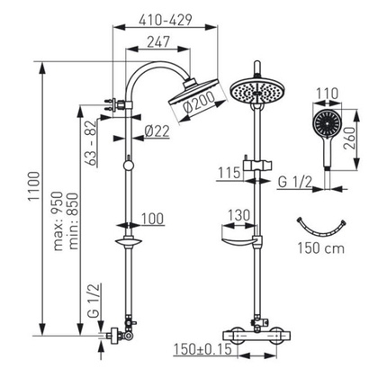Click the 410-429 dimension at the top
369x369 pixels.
click(166, 20)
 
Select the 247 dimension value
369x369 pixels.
click(158, 41)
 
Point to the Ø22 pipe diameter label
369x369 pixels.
click(157, 131)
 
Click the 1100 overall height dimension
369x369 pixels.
click(34, 186)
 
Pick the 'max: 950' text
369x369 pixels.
click(58, 221)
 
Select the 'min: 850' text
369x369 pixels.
click(73, 221)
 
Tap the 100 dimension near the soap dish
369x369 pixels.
click(152, 219)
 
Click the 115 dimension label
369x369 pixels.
click(229, 173)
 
